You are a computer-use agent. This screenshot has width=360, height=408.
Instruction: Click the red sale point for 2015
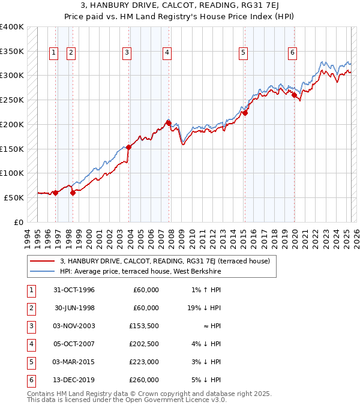coord(245,112)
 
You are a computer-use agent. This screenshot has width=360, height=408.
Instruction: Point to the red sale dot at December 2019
coord(295,95)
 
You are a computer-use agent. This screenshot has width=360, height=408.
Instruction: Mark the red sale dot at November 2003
coord(129,147)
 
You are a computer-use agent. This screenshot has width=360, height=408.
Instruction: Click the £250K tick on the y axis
coord(12,100)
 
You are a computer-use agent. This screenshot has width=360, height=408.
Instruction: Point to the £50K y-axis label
coord(14,197)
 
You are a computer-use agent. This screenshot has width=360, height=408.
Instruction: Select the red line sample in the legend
coord(42,261)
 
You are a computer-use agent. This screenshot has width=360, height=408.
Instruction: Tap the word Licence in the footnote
coord(188,400)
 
